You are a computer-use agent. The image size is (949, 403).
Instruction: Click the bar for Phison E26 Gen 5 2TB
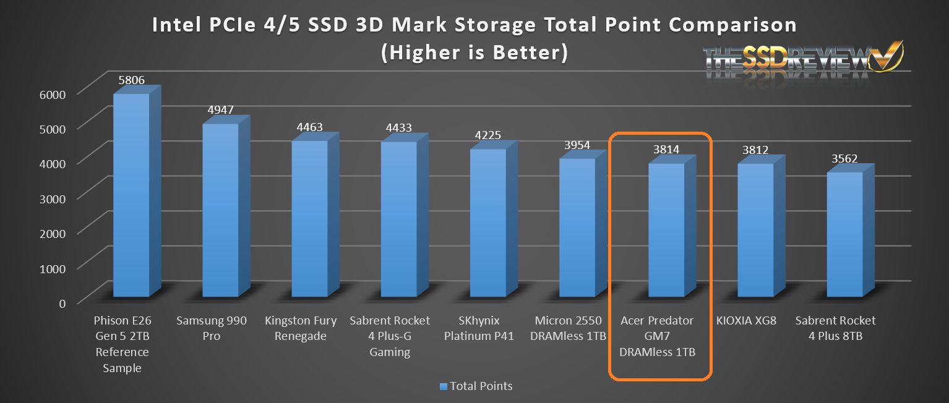click(x=131, y=195)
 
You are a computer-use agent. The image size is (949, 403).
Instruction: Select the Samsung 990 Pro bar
click(x=220, y=210)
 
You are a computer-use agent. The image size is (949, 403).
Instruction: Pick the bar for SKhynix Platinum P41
click(x=487, y=223)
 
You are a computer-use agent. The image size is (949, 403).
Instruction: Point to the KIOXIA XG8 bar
click(x=755, y=230)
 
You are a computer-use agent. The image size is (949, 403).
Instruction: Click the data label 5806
click(x=131, y=80)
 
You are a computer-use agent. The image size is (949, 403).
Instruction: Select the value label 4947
click(x=220, y=110)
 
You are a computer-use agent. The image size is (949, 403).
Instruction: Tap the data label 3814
click(x=666, y=150)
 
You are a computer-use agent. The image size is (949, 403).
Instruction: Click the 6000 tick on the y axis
click(x=53, y=94)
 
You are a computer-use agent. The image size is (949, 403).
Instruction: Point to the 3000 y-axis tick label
click(x=53, y=198)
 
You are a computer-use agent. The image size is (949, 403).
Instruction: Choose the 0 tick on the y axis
click(x=61, y=302)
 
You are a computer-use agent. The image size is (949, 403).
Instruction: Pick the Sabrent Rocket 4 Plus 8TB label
click(x=835, y=328)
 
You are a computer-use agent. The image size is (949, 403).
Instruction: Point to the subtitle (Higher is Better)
click(x=474, y=53)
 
